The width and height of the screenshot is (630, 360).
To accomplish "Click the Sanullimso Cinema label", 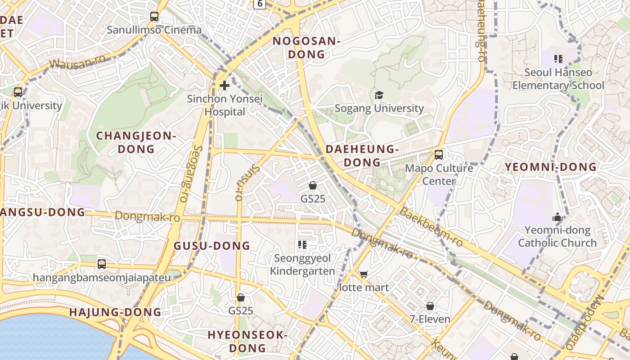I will click(154, 30).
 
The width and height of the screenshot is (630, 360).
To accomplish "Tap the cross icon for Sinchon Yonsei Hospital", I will click(225, 85).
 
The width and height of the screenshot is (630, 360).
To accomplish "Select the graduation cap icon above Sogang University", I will click(379, 95).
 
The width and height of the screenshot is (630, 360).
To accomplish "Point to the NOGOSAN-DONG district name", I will click(306, 48).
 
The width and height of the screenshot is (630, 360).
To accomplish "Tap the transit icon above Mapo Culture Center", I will click(439, 155).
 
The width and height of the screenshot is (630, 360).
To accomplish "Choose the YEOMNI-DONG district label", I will click(550, 167).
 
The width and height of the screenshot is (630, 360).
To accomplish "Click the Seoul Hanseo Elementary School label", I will click(558, 79).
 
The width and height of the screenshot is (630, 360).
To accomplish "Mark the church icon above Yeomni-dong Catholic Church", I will click(558, 217).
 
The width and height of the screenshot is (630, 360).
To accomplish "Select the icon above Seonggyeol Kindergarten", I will click(302, 245).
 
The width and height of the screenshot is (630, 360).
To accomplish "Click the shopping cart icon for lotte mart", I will click(364, 274).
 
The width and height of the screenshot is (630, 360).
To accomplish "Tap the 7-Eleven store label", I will click(430, 319).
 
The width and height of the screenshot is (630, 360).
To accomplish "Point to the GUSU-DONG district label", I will click(211, 246).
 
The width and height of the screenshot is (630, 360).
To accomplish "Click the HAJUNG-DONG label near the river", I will click(115, 312).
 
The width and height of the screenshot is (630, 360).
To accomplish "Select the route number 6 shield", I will click(259, 4).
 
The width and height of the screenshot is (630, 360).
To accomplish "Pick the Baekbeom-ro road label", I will click(431, 227).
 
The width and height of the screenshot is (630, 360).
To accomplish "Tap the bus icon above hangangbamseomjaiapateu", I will click(102, 264).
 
